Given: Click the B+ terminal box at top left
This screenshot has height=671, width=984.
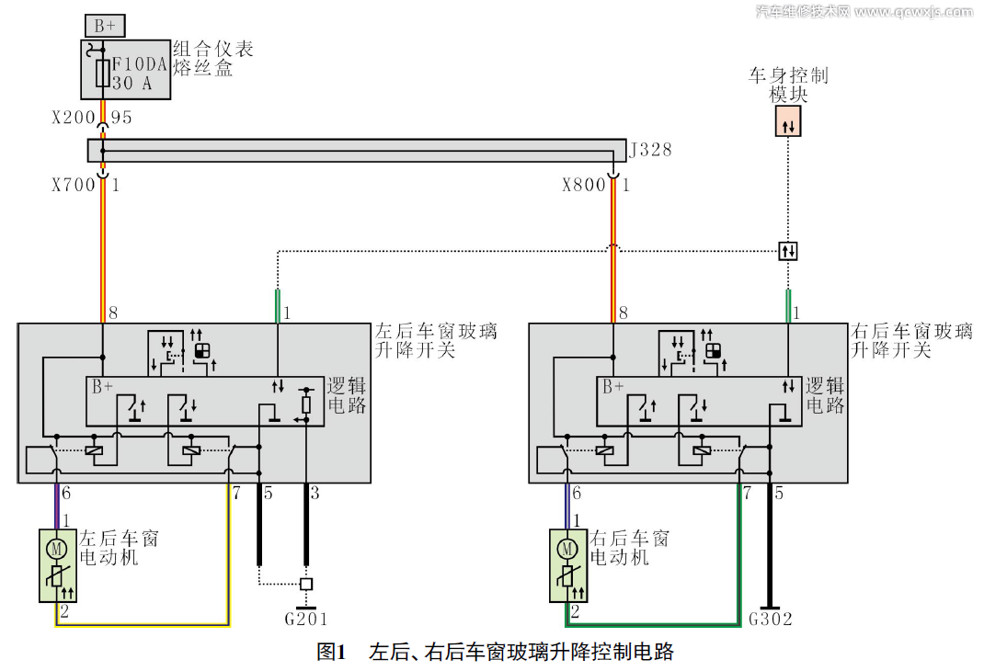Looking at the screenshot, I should click(x=104, y=26).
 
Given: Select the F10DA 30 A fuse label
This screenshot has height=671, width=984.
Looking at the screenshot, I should click(x=141, y=74).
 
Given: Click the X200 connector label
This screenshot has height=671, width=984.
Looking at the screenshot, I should click(x=74, y=118).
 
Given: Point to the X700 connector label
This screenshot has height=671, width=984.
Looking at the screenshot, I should click(x=74, y=185).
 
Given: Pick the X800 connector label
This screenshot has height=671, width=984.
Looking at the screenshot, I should click(x=584, y=185).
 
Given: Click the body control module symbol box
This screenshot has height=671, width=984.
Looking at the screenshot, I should click(x=787, y=121).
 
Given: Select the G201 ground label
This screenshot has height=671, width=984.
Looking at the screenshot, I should click(x=306, y=619).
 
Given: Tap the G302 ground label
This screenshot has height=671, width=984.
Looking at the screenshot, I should click(x=771, y=619).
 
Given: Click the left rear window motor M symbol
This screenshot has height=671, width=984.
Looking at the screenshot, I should click(x=56, y=549).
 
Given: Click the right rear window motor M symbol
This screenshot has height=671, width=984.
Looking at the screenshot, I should click(x=566, y=549).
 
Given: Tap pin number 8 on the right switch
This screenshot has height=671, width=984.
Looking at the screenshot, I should click(x=624, y=313).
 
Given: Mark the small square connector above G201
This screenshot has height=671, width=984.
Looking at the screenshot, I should click(x=306, y=584).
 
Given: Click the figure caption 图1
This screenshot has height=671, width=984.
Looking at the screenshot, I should click(x=330, y=653).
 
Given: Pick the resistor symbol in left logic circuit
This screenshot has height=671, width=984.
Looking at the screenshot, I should click(x=306, y=404).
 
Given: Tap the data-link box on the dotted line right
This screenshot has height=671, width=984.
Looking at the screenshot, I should click(x=787, y=250).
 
